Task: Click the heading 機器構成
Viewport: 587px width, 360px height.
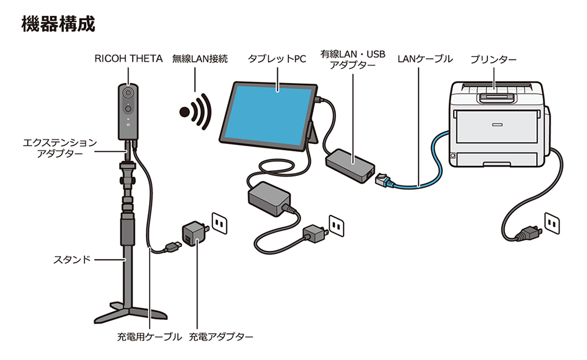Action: [58, 24]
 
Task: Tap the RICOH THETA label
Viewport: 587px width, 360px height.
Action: [128, 59]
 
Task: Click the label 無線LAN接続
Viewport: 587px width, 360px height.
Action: [199, 59]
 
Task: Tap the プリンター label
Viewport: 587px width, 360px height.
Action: [494, 59]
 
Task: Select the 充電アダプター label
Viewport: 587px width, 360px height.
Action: [221, 337]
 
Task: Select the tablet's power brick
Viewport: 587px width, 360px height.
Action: [269, 196]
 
